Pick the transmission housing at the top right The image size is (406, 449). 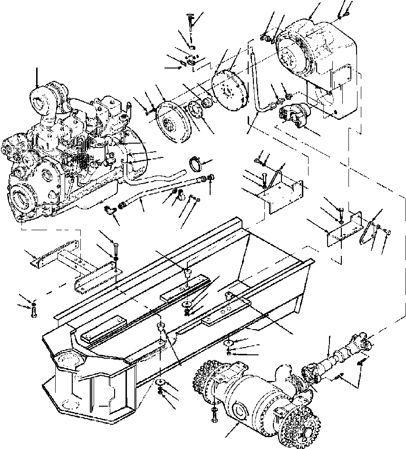(x=316, y=57)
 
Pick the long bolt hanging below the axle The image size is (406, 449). (x=215, y=417)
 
